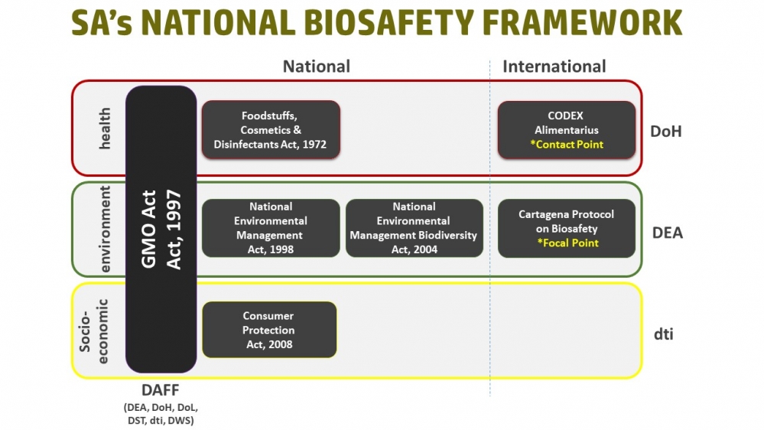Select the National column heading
pos(317,67)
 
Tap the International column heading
pos(554,67)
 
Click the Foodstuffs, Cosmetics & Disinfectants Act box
pos(271,129)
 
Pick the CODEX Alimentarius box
pos(566,129)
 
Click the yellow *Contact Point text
pos(567,145)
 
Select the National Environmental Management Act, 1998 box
pos(271,228)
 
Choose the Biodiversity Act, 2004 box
pos(415,228)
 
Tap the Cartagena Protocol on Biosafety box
pos(566,228)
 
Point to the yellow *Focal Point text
pos(567,243)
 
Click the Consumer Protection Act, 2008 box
pos(269,330)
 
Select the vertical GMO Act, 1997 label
pos(161,229)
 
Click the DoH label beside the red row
pos(665,131)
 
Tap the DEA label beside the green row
pos(668,233)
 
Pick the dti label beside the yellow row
pos(663,334)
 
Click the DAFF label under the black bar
pos(161,390)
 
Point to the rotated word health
pos(105,129)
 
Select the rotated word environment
pos(105,229)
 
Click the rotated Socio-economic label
pos(93,331)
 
